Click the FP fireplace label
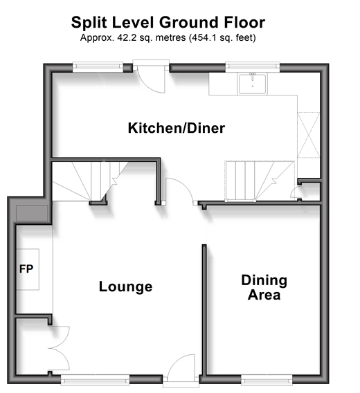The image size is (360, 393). pyautogui.click(x=26, y=269)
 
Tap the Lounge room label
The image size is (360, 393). pyautogui.click(x=126, y=286)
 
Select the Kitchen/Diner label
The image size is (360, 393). pyautogui.click(x=177, y=128)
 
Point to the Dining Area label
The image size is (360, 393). pyautogui.click(x=264, y=287)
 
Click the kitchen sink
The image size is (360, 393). pyautogui.click(x=253, y=84)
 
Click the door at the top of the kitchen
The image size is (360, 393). pyautogui.click(x=151, y=76)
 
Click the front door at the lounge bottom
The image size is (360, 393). pyautogui.click(x=181, y=371)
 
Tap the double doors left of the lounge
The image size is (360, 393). pyautogui.click(x=60, y=348)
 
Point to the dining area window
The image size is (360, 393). pyautogui.click(x=267, y=381)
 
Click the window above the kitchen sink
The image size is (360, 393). pyautogui.click(x=253, y=66)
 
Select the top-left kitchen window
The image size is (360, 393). pyautogui.click(x=98, y=66)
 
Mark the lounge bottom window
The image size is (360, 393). pyautogui.click(x=95, y=381)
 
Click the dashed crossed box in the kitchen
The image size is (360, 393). pyautogui.click(x=309, y=135)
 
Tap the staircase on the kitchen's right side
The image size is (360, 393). pyautogui.click(x=260, y=181)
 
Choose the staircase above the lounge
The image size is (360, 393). pyautogui.click(x=90, y=181)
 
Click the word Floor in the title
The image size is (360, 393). pyautogui.click(x=244, y=22)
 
